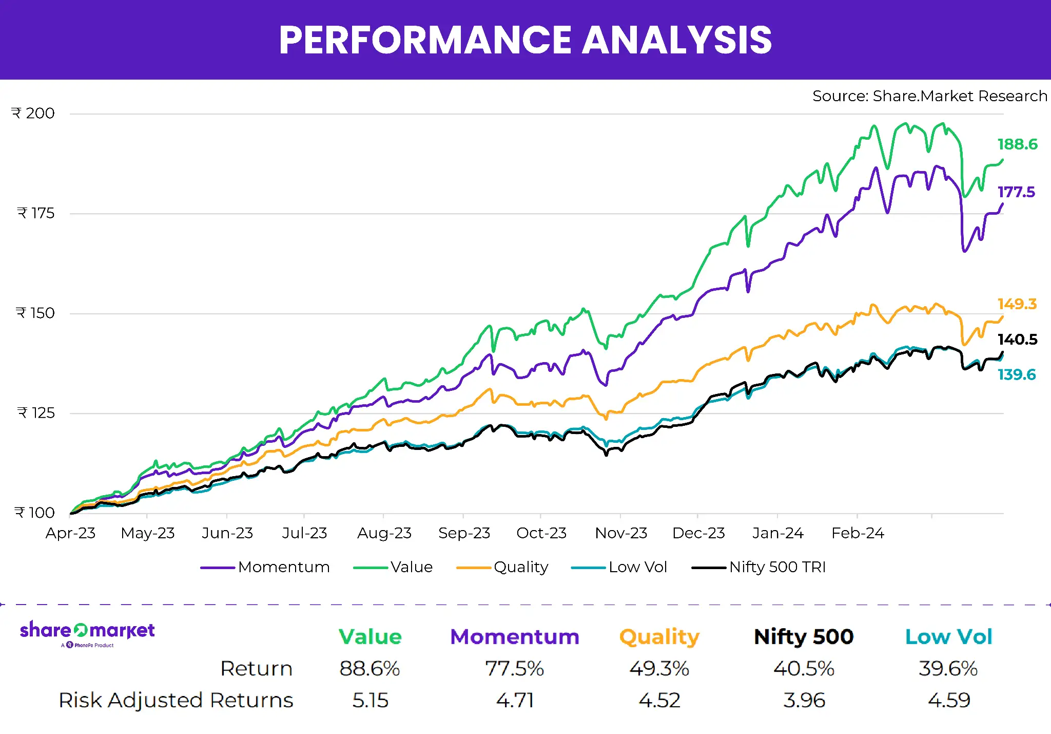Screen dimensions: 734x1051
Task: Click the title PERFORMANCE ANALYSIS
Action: [x=525, y=40]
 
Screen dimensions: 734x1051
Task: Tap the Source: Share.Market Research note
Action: [x=929, y=96]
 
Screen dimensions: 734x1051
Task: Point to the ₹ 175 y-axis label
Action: [x=35, y=213]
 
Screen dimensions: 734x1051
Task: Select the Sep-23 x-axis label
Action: [x=464, y=533]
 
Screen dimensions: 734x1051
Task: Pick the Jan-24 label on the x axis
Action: [x=777, y=533]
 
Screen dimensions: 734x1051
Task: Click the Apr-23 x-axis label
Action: [x=71, y=533]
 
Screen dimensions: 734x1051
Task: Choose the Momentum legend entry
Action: [x=283, y=567]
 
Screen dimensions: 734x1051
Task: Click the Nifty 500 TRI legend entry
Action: [x=777, y=567]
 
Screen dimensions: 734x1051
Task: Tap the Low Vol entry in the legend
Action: [x=637, y=567]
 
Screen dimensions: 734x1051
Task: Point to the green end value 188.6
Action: [x=1017, y=144]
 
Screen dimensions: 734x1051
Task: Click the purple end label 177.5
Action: [x=1016, y=192]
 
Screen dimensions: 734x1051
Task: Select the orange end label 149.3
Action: [x=1017, y=304]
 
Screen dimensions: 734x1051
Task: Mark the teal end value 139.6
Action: [x=1016, y=375]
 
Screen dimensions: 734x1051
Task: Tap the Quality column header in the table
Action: [x=659, y=637]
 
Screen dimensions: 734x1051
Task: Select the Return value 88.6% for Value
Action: [x=369, y=669]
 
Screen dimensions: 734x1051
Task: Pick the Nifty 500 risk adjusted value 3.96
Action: [x=804, y=701]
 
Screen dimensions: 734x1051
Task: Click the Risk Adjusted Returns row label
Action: [x=176, y=701]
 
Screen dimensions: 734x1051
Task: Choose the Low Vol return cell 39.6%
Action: [x=948, y=669]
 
